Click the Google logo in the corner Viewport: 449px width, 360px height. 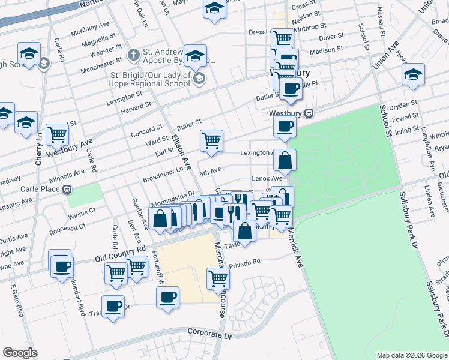pos(20,353)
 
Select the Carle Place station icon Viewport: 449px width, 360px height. pos(67,189)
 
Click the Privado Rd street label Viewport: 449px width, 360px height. pos(244,262)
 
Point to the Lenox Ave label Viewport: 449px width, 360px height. pos(267,178)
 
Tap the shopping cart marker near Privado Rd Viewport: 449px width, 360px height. pos(218,277)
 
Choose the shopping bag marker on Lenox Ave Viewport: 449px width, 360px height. pos(285,160)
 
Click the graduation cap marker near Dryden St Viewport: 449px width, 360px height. pos(413,75)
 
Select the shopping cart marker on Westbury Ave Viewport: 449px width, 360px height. pos(57,135)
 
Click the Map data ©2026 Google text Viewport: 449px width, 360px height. pos(411,355)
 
